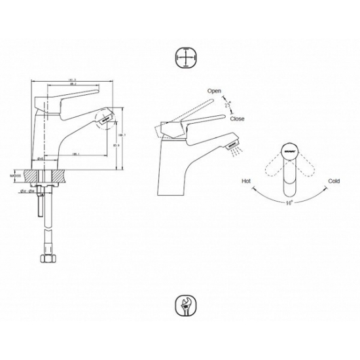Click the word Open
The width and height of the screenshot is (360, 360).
[214, 90]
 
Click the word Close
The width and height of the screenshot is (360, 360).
[238, 119]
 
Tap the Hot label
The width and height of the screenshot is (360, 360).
[246, 180]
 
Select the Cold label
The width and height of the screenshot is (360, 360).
[334, 180]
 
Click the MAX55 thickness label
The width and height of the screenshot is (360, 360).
[16, 176]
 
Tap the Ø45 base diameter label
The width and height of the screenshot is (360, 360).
[41, 158]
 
